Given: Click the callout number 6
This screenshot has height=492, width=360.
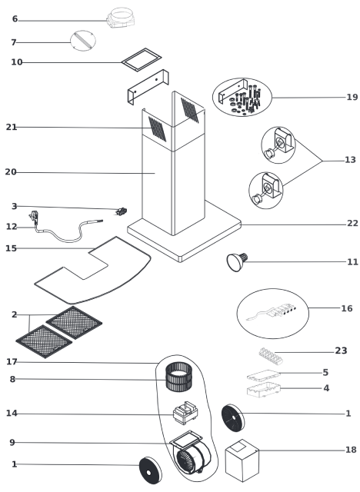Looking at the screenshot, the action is pyautogui.click(x=15, y=19).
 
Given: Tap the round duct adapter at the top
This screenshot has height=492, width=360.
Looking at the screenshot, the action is pyautogui.click(x=121, y=18).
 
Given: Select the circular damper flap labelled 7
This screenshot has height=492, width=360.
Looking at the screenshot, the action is pyautogui.click(x=83, y=40).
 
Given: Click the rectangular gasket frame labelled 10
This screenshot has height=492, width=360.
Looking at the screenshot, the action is pyautogui.click(x=142, y=60).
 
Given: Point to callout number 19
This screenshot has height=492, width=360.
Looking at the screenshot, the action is pyautogui.click(x=352, y=98).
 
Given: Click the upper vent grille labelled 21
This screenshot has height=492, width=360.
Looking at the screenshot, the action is pyautogui.click(x=157, y=129).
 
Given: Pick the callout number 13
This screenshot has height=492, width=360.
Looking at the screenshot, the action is pyautogui.click(x=350, y=160).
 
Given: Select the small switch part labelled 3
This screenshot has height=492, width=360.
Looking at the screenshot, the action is pyautogui.click(x=121, y=211).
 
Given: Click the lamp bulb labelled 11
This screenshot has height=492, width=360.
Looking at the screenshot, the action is pyautogui.click(x=237, y=261).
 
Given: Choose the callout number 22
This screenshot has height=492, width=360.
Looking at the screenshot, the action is pyautogui.click(x=352, y=224).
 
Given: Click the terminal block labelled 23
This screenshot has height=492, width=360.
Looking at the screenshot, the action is pyautogui.click(x=271, y=356).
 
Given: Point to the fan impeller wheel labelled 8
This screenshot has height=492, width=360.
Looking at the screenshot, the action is pyautogui.click(x=178, y=377).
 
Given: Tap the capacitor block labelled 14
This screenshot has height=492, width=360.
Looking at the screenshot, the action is pyautogui.click(x=185, y=413).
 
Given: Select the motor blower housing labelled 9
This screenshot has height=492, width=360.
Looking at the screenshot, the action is pyautogui.click(x=191, y=453).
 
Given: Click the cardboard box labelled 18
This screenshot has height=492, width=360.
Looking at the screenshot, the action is pyautogui.click(x=242, y=460).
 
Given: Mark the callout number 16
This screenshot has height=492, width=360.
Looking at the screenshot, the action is pyautogui.click(x=347, y=309).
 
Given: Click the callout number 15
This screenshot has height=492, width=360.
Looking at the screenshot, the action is pyautogui.click(x=11, y=248).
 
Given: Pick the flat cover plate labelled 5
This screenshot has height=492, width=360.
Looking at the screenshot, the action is pyautogui.click(x=263, y=376).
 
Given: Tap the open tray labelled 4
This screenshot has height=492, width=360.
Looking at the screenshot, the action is pyautogui.click(x=264, y=390).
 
